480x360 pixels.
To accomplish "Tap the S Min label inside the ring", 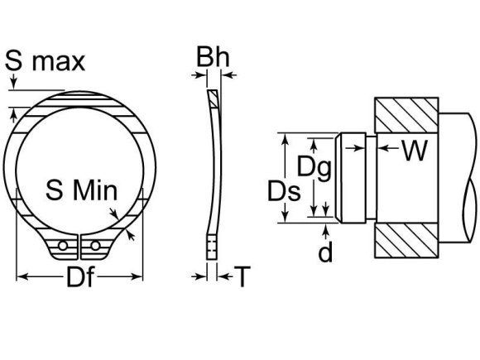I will pyautogui.click(x=81, y=191).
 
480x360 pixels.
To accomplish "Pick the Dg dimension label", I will pyautogui.click(x=314, y=167).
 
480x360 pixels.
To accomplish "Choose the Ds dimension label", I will pyautogui.click(x=283, y=191).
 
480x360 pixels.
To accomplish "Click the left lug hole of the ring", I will pyautogui.click(x=63, y=246).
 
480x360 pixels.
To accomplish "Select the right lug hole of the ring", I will pyautogui.click(x=96, y=246).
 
